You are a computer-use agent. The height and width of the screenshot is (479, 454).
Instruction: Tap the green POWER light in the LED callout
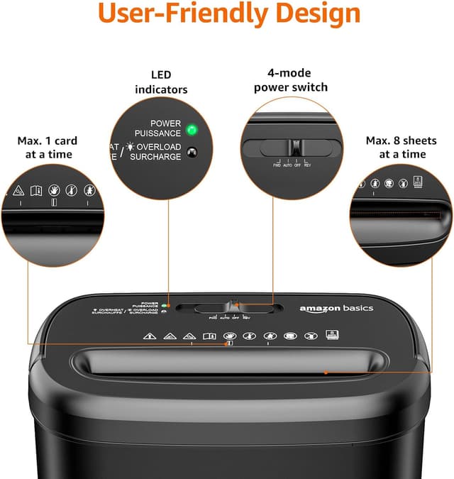pyautogui.click(x=191, y=130)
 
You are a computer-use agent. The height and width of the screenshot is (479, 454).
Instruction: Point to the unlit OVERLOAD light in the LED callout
pyautogui.click(x=191, y=151)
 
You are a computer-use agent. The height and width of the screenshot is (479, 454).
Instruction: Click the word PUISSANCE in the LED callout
pyautogui.click(x=157, y=133)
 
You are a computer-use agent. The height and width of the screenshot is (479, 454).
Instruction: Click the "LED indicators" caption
pyautogui.click(x=160, y=82)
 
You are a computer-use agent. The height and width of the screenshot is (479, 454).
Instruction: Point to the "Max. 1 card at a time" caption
pyautogui.click(x=48, y=147)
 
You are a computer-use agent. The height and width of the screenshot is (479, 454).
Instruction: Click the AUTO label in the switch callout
pyautogui.click(x=287, y=165)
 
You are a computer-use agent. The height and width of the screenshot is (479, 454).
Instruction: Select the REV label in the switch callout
pyautogui.click(x=307, y=165)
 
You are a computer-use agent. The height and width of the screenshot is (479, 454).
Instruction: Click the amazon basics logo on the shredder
pyautogui.click(x=336, y=308)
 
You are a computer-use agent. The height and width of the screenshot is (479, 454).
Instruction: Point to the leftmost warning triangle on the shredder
pyautogui.click(x=148, y=336)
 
